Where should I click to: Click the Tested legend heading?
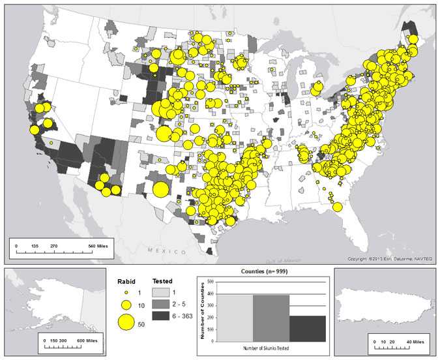(162, 282)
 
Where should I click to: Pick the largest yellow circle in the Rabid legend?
(126, 322)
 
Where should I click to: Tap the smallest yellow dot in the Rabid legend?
(126, 292)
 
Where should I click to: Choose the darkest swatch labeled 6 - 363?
(160, 315)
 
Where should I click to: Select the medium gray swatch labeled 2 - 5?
(160, 304)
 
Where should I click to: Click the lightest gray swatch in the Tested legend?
(160, 293)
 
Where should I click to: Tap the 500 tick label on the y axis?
(211, 282)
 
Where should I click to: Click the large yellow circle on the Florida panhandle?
(337, 207)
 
